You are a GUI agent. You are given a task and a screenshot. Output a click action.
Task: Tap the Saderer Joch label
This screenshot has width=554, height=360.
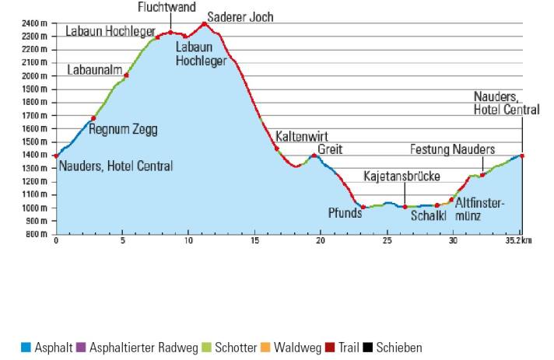coord(240,16)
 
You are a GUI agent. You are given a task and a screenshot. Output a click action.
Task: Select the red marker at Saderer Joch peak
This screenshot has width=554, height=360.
coord(205,23)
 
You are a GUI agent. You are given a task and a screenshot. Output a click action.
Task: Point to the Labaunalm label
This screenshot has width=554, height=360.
coord(94,70)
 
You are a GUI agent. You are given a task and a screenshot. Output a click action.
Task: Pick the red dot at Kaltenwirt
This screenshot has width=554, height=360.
coord(276,148)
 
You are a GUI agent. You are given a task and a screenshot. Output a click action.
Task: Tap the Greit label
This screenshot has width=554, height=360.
coord(330,149)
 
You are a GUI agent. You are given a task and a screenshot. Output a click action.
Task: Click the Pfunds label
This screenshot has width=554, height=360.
coord(345,213)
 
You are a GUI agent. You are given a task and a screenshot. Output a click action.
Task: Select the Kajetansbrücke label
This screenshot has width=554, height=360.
coord(401,177)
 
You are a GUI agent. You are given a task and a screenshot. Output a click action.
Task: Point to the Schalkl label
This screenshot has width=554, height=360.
coord(429,215)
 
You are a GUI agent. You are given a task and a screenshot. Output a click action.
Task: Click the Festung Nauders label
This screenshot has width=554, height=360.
coord(452,149)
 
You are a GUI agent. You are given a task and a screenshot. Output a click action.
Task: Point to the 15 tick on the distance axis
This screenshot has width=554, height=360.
coord(254,241)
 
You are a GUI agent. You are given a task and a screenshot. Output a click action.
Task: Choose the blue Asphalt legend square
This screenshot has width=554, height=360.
coord(26,348)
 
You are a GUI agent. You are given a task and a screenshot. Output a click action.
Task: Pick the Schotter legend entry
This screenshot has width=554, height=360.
coord(232,348)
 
